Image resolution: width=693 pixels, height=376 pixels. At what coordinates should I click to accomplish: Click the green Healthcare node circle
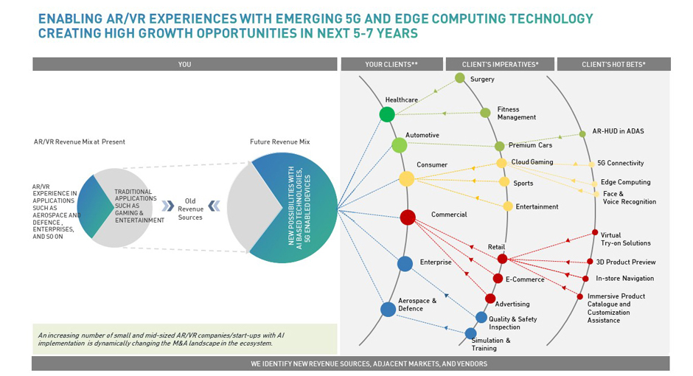(x=387, y=114)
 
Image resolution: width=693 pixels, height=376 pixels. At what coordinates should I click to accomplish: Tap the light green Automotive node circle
(x=399, y=145)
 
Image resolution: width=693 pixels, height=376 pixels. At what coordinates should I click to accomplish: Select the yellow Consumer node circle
(x=406, y=178)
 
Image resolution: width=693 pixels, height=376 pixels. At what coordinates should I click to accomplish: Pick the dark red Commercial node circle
(x=408, y=217)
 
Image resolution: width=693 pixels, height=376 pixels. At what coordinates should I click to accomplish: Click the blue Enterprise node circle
(x=405, y=263)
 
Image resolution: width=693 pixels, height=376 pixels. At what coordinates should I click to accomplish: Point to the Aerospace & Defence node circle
(x=389, y=309)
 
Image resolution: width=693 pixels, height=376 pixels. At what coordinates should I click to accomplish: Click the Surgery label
(x=482, y=79)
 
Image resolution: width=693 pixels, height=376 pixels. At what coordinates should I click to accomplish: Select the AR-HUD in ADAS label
(x=618, y=131)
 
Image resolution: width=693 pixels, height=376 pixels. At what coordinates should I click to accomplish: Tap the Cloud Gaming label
(x=532, y=162)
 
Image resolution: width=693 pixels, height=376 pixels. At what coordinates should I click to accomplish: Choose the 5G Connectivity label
(x=620, y=164)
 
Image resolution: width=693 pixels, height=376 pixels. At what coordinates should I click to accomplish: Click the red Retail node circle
(x=502, y=259)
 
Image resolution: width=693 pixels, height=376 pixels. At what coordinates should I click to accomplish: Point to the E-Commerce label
(x=524, y=279)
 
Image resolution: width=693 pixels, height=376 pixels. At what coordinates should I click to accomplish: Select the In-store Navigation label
(x=624, y=279)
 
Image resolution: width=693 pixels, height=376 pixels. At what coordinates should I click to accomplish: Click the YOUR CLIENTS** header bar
(x=391, y=64)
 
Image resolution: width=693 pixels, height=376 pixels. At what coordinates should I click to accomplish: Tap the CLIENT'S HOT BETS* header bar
(x=613, y=64)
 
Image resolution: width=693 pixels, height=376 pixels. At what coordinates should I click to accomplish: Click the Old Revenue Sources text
(x=190, y=209)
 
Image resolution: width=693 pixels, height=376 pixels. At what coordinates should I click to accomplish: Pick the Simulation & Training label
(x=490, y=344)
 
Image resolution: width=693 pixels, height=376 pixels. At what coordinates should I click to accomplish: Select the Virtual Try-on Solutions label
(x=625, y=239)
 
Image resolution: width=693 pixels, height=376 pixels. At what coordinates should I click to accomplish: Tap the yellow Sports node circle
(x=504, y=181)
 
